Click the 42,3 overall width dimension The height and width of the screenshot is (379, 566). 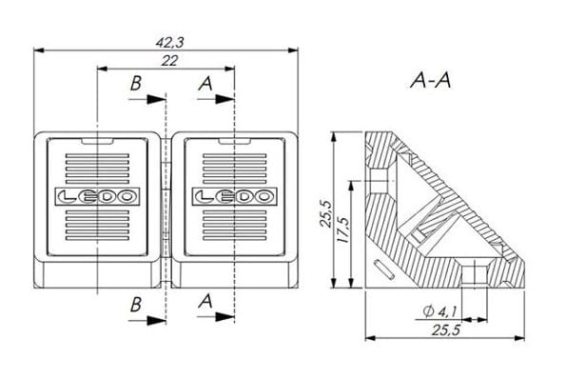[169, 43]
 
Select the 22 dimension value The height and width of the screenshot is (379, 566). [169, 61]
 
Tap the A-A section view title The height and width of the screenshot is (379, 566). [431, 80]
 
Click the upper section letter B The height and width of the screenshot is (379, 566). [136, 84]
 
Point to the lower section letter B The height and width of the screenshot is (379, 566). [136, 305]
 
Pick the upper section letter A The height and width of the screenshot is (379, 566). [205, 84]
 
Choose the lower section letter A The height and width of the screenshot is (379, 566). [205, 301]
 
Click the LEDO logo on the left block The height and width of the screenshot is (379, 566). [97, 196]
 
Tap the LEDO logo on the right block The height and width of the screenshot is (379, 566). [235, 196]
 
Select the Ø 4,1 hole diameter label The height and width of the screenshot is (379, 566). [439, 311]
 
